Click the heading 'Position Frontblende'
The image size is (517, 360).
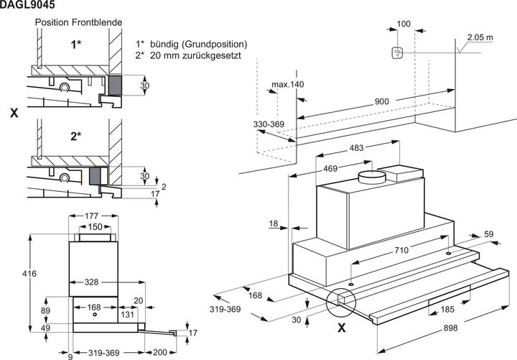(79, 23)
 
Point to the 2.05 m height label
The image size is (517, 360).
(480, 37)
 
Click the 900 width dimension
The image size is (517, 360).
(381, 102)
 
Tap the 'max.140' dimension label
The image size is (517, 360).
(288, 85)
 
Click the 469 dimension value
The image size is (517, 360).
(330, 168)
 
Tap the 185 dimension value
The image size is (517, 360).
(448, 310)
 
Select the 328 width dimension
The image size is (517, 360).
(90, 282)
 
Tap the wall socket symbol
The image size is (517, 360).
(400, 52)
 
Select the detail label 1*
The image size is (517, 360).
(76, 45)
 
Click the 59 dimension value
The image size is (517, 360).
(489, 234)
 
